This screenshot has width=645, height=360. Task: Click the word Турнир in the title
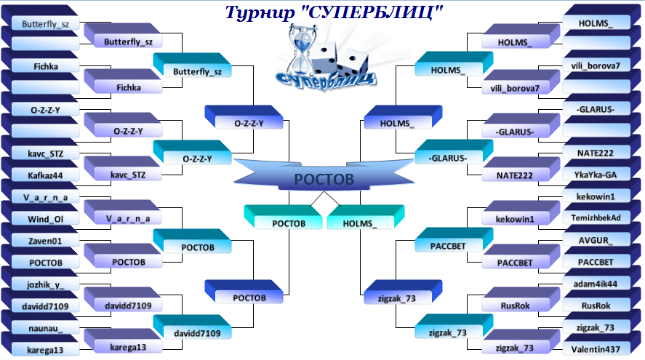pyautogui.click(x=260, y=12)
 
